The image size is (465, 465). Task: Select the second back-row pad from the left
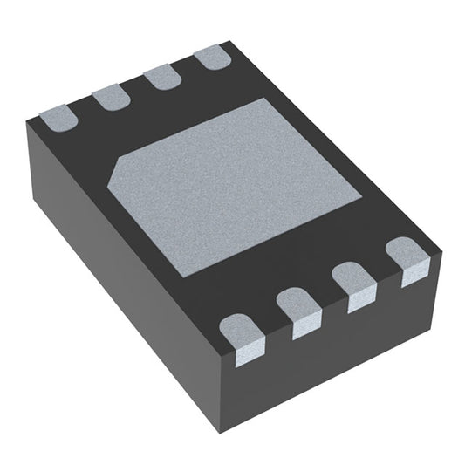click(110, 97)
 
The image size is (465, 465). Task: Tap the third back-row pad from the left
click(162, 78)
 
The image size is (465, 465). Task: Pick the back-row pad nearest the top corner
click(211, 58)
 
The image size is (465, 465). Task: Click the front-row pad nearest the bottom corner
click(240, 336)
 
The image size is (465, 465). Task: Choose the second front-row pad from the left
click(299, 311)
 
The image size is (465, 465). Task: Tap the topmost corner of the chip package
click(229, 41)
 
